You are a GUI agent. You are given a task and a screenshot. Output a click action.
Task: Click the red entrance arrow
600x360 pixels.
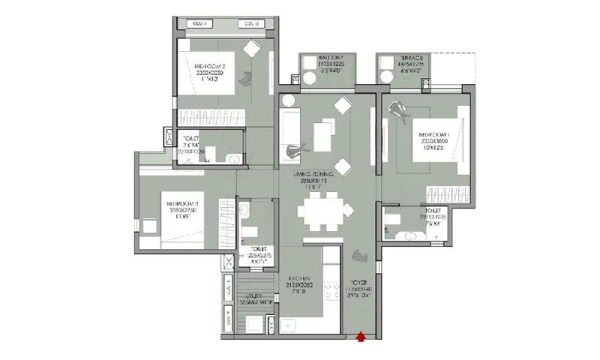pos(361,337)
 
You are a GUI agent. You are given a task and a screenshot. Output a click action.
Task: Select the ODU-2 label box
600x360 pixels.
pos(250,24)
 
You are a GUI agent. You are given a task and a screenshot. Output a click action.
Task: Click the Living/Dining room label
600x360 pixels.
pos(316,177)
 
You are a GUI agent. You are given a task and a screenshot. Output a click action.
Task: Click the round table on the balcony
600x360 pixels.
pos(309,76)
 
